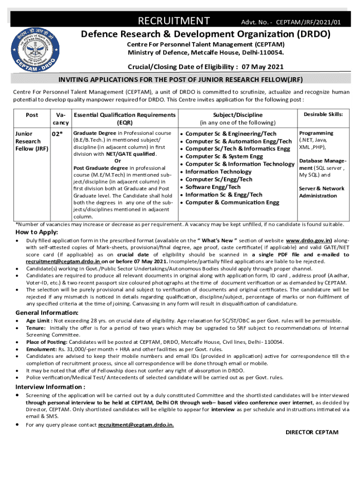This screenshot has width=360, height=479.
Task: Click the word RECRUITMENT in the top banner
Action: (x=173, y=21)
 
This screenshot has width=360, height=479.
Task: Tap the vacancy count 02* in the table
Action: (x=57, y=134)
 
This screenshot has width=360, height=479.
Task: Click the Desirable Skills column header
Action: (x=324, y=115)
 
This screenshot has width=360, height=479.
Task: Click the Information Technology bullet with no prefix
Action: (x=212, y=172)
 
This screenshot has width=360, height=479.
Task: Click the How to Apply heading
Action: (x=37, y=232)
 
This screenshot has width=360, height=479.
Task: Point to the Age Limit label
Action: (x=39, y=321)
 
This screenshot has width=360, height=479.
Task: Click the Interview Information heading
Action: (x=50, y=387)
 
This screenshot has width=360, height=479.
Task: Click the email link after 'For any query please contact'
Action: (x=136, y=425)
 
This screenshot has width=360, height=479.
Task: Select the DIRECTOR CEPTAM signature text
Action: (x=312, y=432)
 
